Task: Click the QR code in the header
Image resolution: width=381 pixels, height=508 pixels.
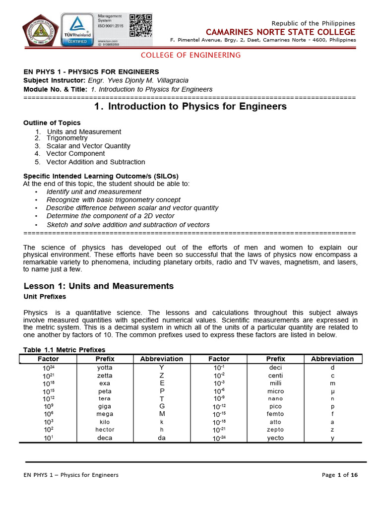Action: tap(140, 25)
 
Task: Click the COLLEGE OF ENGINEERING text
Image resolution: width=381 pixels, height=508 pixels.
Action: tap(190, 55)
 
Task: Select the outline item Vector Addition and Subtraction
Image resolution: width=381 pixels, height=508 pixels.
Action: tap(96, 162)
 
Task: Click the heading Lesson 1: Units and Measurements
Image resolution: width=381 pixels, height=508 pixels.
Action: tap(99, 286)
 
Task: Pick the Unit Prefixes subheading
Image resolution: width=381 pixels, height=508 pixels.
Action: tap(45, 297)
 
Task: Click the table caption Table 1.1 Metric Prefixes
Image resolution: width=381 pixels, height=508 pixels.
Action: tap(64, 350)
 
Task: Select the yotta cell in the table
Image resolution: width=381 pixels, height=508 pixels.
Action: tap(105, 368)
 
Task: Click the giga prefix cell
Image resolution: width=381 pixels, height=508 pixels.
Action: tap(105, 406)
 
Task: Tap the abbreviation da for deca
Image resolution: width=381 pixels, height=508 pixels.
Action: tap(162, 438)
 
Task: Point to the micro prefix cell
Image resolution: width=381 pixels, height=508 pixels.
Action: tap(275, 391)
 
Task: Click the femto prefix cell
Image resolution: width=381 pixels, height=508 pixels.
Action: tap(275, 414)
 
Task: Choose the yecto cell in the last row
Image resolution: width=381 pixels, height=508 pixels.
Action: tap(275, 438)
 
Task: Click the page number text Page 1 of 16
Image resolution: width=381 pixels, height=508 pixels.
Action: tap(339, 475)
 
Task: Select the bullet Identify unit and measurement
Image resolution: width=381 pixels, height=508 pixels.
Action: tap(94, 191)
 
